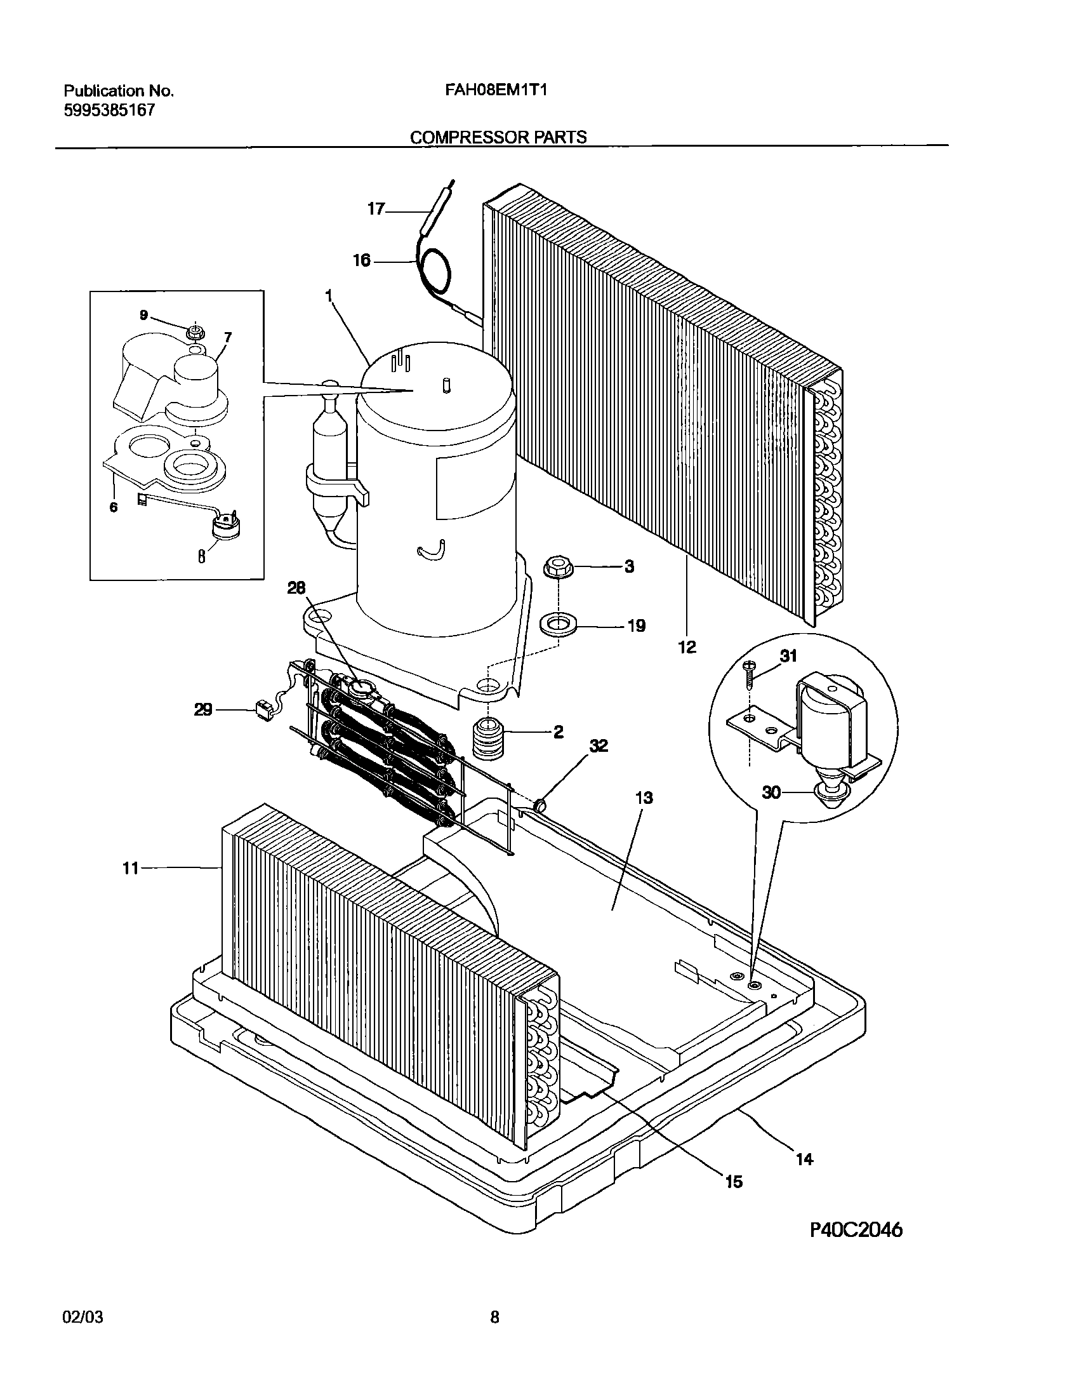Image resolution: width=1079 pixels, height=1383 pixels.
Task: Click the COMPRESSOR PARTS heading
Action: [x=498, y=137]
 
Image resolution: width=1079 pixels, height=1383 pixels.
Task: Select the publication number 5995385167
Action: [x=109, y=110]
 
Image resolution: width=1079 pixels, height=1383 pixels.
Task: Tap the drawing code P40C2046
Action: [x=856, y=1230]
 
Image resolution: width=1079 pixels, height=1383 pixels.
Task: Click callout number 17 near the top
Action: [x=376, y=208]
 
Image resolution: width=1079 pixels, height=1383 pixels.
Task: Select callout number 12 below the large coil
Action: [x=687, y=647]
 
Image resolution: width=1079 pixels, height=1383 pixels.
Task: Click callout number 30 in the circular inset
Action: [x=771, y=792]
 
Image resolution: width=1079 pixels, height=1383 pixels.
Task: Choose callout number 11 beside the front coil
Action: [x=130, y=867]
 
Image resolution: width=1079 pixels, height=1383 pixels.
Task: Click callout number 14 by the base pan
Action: [x=804, y=1159]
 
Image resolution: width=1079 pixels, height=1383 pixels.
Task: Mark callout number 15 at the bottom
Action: [x=733, y=1181]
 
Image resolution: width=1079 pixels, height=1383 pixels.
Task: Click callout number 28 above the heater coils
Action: [x=296, y=588]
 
